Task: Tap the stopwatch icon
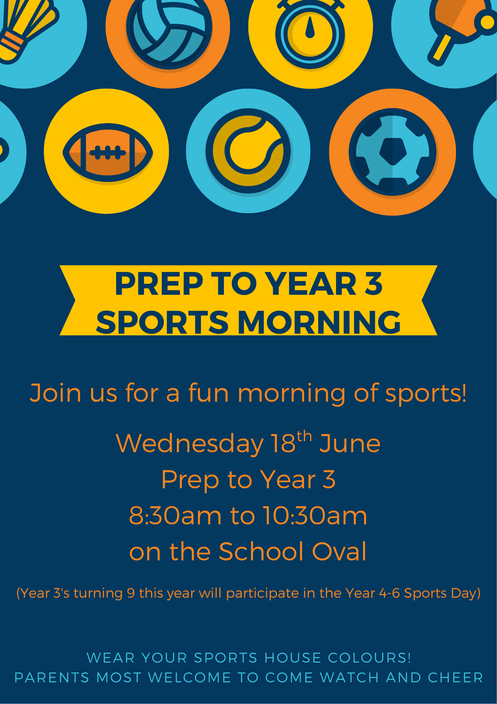pyautogui.click(x=310, y=33)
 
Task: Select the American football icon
pyautogui.click(x=108, y=153)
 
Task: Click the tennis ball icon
pyautogui.click(x=248, y=151)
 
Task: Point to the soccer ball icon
pyautogui.click(x=392, y=152)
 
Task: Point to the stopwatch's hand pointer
pyautogui.click(x=310, y=28)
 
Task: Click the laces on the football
pyautogui.click(x=108, y=153)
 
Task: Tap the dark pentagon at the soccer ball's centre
pyautogui.click(x=393, y=151)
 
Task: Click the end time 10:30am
pyautogui.click(x=315, y=516)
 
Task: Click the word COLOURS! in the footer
pyautogui.click(x=369, y=658)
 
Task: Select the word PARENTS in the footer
pyautogui.click(x=52, y=678)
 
